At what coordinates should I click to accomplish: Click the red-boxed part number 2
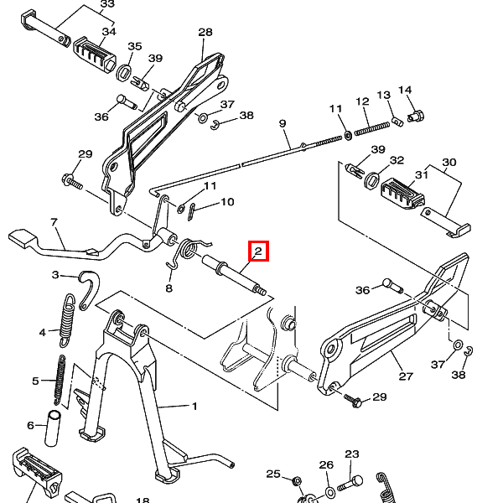[x=258, y=251]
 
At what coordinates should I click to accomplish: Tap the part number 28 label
[x=205, y=32]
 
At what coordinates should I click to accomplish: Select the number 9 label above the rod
[x=283, y=123]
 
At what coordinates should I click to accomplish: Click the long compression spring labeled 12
[x=372, y=128]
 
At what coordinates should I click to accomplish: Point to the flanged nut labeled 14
[x=416, y=117]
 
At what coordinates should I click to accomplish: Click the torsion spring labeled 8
[x=189, y=251]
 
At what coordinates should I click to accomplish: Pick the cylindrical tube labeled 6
[x=53, y=428]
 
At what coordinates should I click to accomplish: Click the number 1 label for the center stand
[x=194, y=407]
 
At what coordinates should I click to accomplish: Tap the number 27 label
[x=406, y=376]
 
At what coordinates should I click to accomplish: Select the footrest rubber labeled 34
[x=95, y=54]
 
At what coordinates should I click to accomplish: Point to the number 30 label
[x=449, y=163]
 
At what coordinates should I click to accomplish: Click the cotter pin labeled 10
[x=191, y=212]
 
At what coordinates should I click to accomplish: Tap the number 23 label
[x=352, y=454]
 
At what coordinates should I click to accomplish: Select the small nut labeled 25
[x=297, y=480]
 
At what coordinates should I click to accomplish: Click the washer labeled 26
[x=330, y=492]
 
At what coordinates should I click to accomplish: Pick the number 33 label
[x=107, y=4]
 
